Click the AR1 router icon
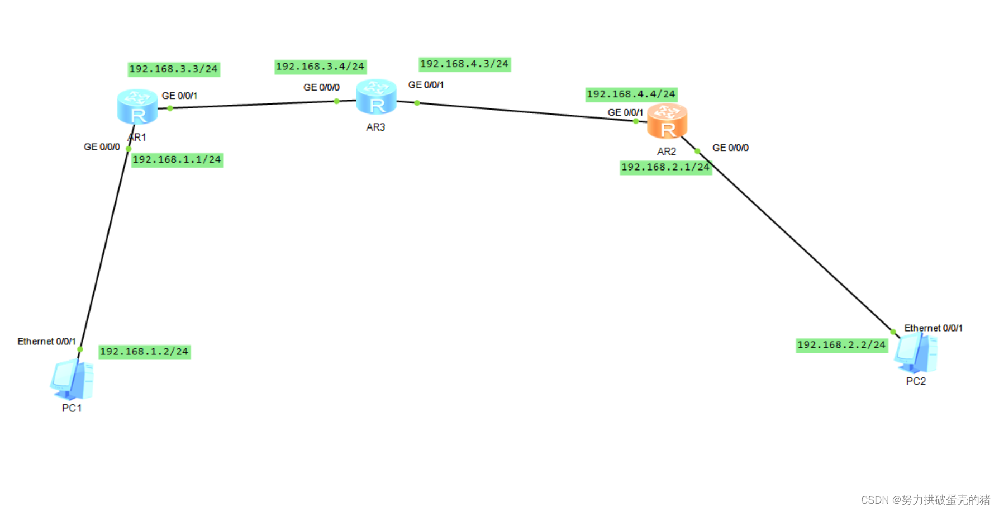(137, 106)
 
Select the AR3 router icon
(376, 97)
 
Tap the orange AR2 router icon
(667, 121)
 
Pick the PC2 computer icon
(916, 353)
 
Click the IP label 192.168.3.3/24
(173, 69)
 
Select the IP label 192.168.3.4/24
(320, 67)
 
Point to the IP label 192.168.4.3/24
(464, 64)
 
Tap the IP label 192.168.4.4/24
(631, 94)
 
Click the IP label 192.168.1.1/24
(177, 160)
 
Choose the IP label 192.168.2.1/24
(665, 167)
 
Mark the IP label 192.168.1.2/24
(144, 352)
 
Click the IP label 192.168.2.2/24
(841, 345)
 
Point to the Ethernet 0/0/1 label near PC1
(46, 342)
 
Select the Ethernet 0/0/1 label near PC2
(933, 328)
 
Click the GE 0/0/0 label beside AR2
(730, 148)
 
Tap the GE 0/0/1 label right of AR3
(426, 85)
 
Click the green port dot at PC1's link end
(80, 349)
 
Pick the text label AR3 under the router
(375, 127)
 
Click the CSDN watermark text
(925, 500)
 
